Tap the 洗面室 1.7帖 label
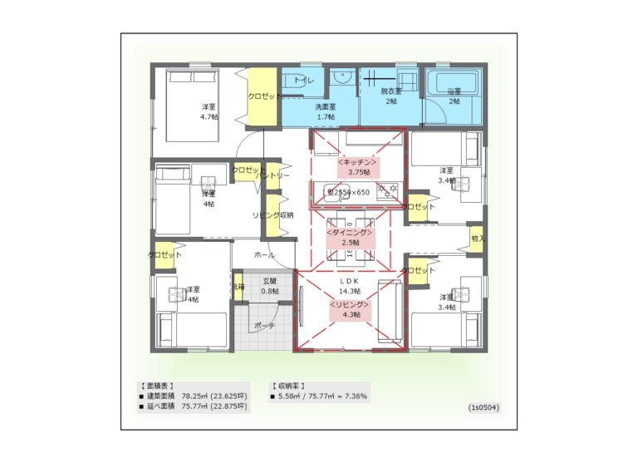pos(324,111)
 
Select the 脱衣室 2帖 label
pos(391,96)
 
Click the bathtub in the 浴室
pos(454,84)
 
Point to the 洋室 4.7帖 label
pos(209,112)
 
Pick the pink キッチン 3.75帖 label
pos(357,166)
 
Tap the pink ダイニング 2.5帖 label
pos(351,237)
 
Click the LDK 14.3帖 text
pos(350,287)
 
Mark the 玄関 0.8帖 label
pos(270,286)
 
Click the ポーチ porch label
pos(264,325)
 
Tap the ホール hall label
pos(264,255)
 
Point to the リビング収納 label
pos(272,214)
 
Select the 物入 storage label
pos(477,239)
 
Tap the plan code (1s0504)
pos(483,408)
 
